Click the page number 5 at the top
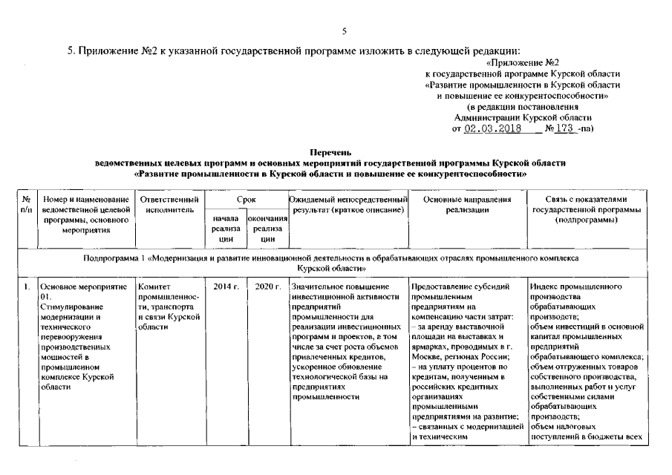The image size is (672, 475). (x=344, y=31)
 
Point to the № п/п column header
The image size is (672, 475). (x=26, y=205)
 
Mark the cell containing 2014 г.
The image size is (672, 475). (x=225, y=287)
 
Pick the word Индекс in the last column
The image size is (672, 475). (x=544, y=287)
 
